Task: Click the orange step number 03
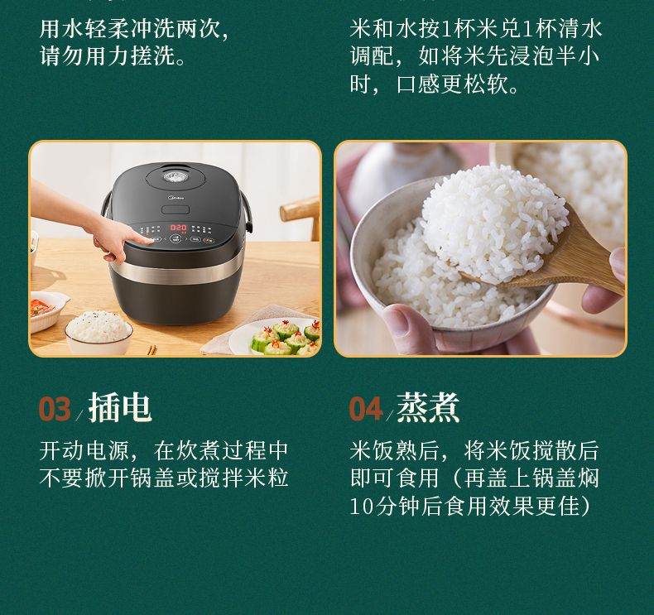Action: click(x=55, y=408)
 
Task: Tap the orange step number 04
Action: click(x=365, y=408)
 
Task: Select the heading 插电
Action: click(x=120, y=407)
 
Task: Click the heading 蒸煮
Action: click(x=428, y=407)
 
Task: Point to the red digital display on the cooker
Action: click(x=178, y=228)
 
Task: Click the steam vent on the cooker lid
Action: click(x=175, y=177)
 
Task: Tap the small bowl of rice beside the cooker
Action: click(x=99, y=331)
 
